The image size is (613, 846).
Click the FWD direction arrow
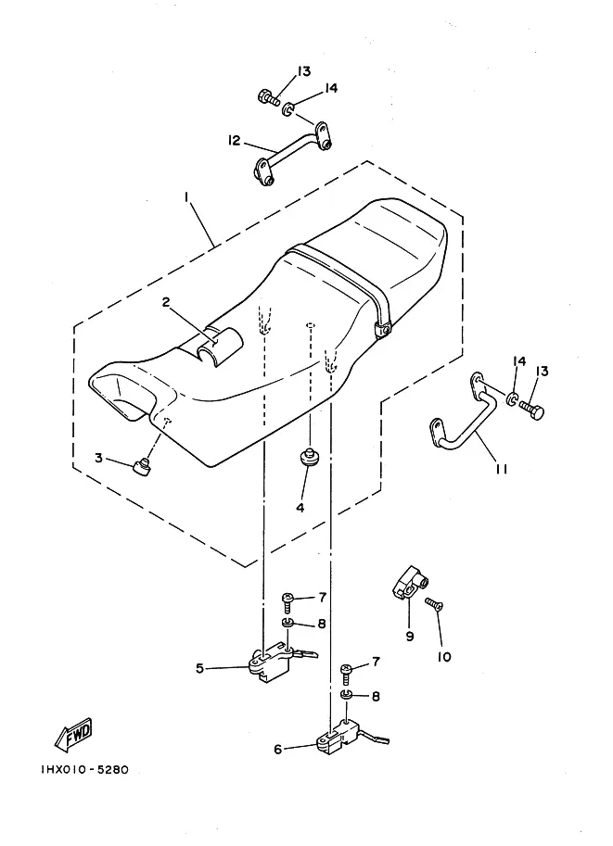pos(74,735)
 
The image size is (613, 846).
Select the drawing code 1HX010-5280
pos(84,770)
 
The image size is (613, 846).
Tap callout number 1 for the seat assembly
pos(186,198)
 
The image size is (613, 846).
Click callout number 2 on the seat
pos(166,302)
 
